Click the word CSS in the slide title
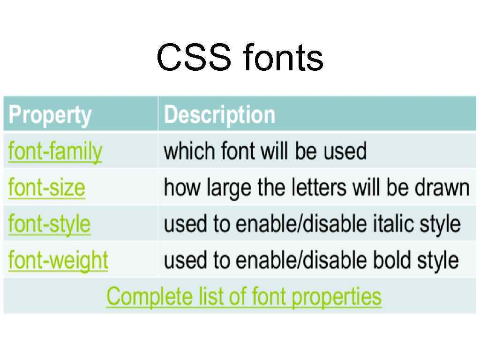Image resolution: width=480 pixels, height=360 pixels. pyautogui.click(x=194, y=58)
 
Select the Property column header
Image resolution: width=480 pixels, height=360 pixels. pyautogui.click(x=50, y=114)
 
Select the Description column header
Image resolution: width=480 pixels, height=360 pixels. pyautogui.click(x=219, y=114)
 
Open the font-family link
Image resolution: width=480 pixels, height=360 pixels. pyautogui.click(x=55, y=151)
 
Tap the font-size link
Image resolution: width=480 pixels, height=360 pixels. pyautogui.click(x=47, y=187)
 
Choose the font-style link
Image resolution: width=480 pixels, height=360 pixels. pyautogui.click(x=49, y=224)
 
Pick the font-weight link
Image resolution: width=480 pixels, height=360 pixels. pyautogui.click(x=58, y=260)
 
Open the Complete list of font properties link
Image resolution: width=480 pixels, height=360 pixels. pyautogui.click(x=244, y=296)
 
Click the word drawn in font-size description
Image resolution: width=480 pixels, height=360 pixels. pyautogui.click(x=442, y=187)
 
